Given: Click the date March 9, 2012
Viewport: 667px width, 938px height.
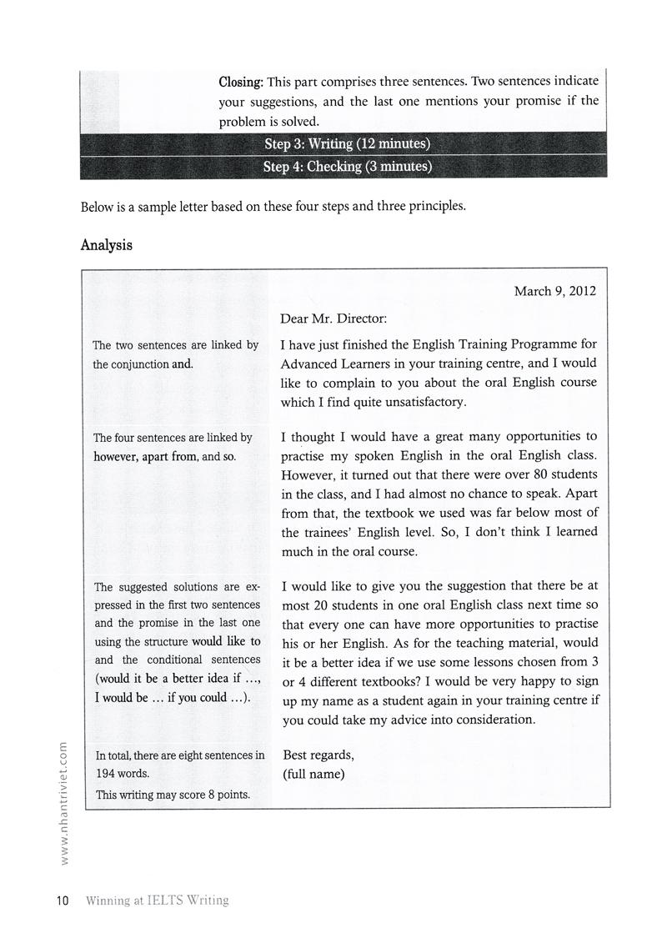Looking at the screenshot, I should (554, 291).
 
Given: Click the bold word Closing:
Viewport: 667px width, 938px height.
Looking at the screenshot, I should (241, 83).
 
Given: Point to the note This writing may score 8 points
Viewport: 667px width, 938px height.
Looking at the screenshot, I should (173, 794).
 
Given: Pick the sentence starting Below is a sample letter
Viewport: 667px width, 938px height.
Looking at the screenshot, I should (273, 206).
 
